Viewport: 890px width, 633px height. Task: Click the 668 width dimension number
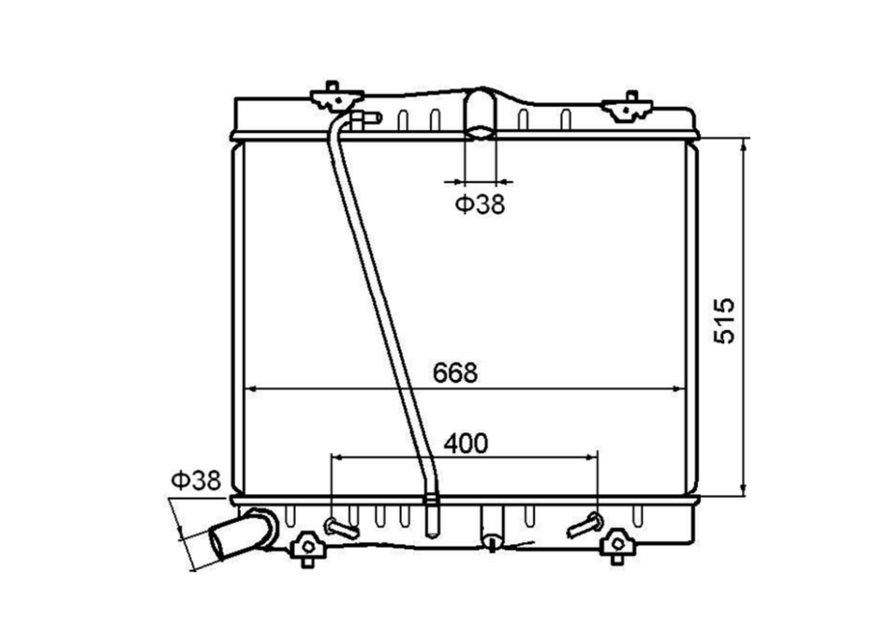coord(455,373)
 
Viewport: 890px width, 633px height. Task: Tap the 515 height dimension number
coord(723,321)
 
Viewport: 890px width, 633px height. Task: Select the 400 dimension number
coord(466,444)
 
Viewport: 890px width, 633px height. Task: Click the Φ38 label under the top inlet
coord(480,204)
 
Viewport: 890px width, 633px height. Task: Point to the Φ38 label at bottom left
coord(196,481)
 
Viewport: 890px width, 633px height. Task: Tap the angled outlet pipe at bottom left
coord(241,535)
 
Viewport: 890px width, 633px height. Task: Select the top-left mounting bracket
coord(336,98)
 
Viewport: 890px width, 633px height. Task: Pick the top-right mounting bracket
coord(628,108)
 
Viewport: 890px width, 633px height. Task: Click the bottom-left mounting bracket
coord(307,547)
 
